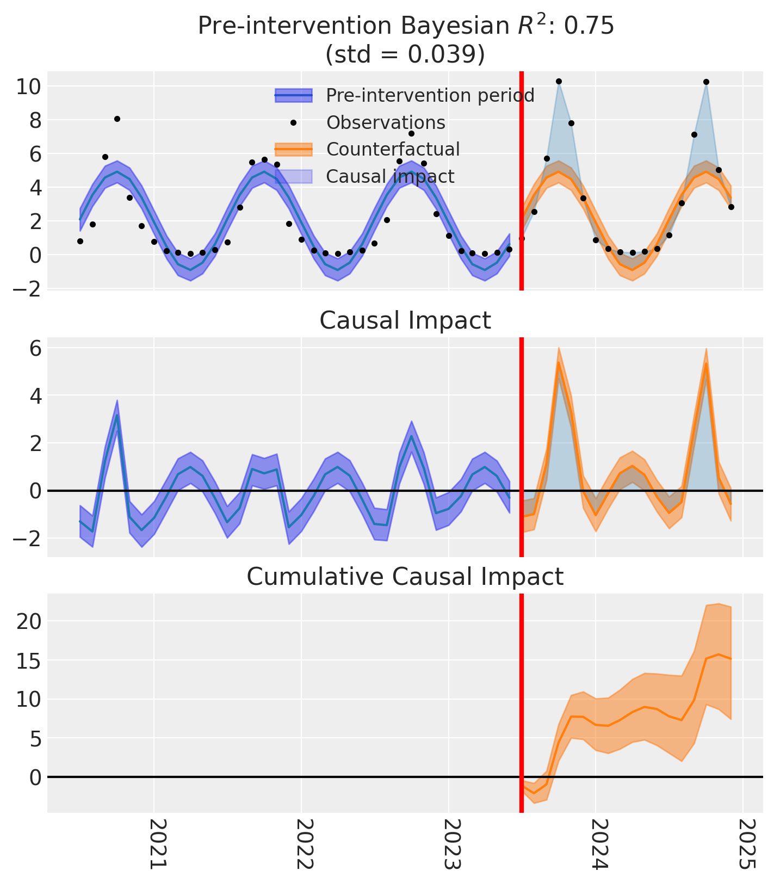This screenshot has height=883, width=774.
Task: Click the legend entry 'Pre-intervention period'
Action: pyautogui.click(x=430, y=96)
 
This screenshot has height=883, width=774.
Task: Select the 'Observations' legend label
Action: pyautogui.click(x=386, y=123)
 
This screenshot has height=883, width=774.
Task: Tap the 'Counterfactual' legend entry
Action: pyautogui.click(x=393, y=149)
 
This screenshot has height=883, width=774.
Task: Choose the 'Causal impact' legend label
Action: pyautogui.click(x=390, y=176)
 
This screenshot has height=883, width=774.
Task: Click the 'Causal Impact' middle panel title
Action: pyautogui.click(x=405, y=321)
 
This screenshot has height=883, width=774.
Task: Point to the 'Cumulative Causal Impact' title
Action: pyautogui.click(x=405, y=577)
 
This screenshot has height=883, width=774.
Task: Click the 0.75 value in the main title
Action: pyautogui.click(x=591, y=26)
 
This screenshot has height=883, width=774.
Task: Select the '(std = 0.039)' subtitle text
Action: pyautogui.click(x=405, y=54)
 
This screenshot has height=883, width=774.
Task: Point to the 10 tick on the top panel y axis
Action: pyautogui.click(x=29, y=87)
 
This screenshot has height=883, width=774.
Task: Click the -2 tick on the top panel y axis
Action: pyautogui.click(x=24, y=288)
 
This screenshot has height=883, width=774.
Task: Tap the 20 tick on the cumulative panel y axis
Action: pyautogui.click(x=29, y=621)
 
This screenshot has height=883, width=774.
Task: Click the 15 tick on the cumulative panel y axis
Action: pyautogui.click(x=29, y=660)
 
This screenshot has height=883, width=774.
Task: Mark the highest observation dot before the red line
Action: pyautogui.click(x=117, y=119)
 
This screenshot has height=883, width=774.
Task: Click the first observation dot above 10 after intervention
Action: pyautogui.click(x=559, y=82)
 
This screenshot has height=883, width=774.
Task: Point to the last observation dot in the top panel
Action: pyautogui.click(x=731, y=207)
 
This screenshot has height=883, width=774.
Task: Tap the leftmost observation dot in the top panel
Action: pyautogui.click(x=80, y=241)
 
